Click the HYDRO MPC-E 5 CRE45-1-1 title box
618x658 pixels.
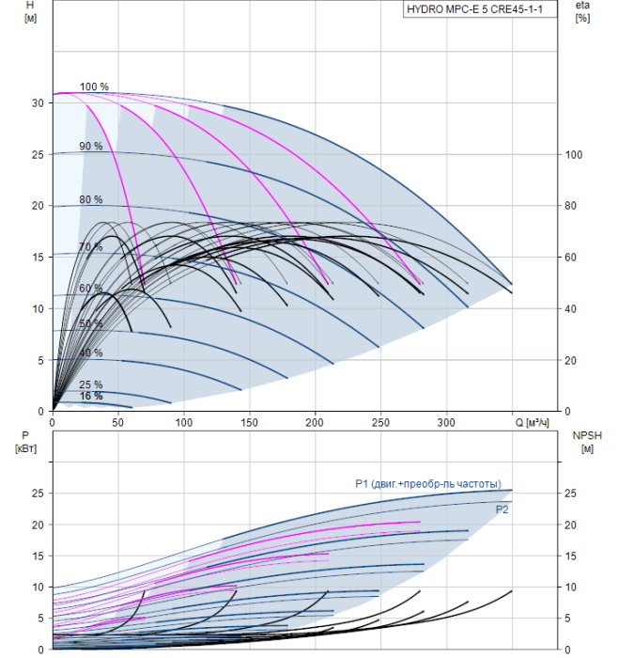click(x=480, y=9)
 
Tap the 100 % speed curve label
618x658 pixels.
click(x=94, y=86)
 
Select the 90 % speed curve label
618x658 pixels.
click(x=90, y=146)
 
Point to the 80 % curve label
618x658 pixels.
click(x=90, y=199)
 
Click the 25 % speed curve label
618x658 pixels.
click(x=90, y=384)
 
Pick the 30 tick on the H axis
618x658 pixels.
click(x=38, y=102)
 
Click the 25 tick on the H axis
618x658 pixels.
click(x=38, y=154)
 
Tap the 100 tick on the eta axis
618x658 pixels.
click(x=574, y=154)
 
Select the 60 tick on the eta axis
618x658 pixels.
click(x=571, y=257)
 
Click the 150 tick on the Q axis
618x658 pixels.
click(x=250, y=422)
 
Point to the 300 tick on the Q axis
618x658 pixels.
click(x=446, y=422)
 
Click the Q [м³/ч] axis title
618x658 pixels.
click(x=532, y=422)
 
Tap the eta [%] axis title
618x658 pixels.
click(x=583, y=11)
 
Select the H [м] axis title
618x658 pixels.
click(x=30, y=11)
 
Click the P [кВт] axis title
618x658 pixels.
click(x=25, y=442)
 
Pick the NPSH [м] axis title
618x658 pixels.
click(x=587, y=442)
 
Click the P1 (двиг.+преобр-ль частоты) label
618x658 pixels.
click(x=428, y=484)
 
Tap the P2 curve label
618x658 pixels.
click(x=502, y=509)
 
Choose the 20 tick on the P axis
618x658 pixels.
click(x=38, y=525)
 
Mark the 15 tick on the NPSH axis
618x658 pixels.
click(x=571, y=556)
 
